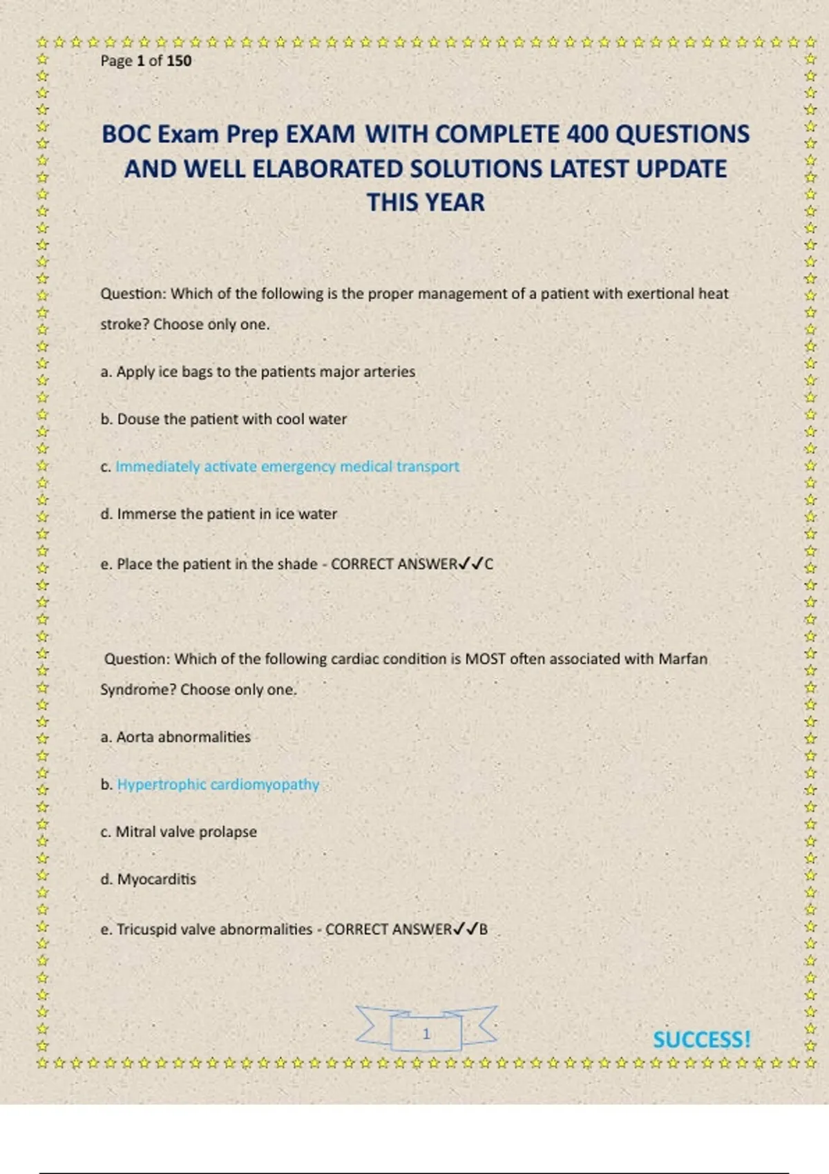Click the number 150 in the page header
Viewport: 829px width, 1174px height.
tap(179, 61)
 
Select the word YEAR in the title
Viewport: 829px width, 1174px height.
tap(454, 202)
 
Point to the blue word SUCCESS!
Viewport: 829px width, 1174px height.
tap(701, 1039)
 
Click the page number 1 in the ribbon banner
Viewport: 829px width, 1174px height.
tap(426, 1034)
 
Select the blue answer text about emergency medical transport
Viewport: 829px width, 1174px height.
tap(287, 466)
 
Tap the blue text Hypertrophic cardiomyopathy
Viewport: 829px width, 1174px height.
tap(218, 785)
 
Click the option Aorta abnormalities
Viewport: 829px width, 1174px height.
tap(183, 737)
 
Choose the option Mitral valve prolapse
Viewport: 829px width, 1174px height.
tap(186, 831)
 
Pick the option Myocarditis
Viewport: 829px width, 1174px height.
tap(156, 879)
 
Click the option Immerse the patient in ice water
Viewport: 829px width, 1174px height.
tap(227, 514)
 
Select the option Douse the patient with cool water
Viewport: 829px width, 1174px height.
tap(231, 419)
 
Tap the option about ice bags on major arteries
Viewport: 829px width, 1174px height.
tap(265, 372)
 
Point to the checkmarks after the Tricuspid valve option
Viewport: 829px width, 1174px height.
tap(466, 929)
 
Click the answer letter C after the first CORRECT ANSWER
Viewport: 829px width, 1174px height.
tap(489, 564)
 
